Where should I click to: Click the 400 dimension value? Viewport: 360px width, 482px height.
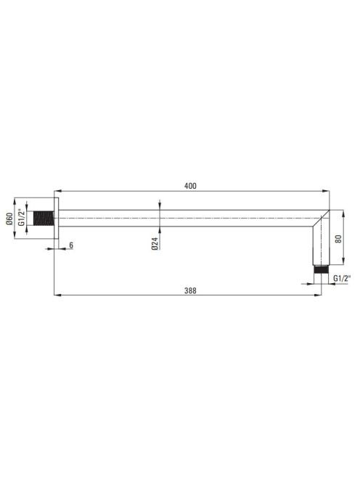[x=190, y=186]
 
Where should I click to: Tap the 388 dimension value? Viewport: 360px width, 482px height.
[x=190, y=290]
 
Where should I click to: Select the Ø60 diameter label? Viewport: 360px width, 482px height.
[x=9, y=218]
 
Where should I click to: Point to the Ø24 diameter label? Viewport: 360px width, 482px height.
[x=155, y=243]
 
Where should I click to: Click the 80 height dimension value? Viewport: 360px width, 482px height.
[x=338, y=239]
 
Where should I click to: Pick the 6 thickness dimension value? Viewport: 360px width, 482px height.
[x=71, y=245]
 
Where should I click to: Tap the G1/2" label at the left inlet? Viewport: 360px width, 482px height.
[x=21, y=217]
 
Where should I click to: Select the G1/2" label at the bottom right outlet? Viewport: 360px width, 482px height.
[x=342, y=279]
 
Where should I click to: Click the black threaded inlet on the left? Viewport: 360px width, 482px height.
[x=44, y=218]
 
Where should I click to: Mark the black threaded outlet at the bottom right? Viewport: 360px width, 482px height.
[x=322, y=269]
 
